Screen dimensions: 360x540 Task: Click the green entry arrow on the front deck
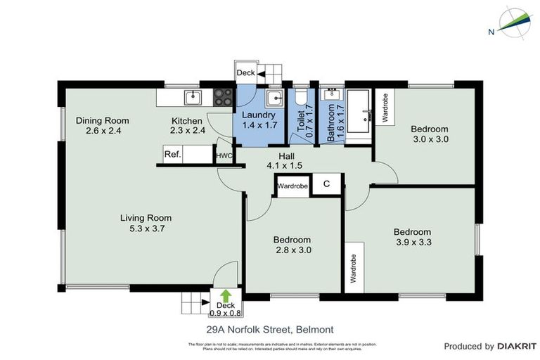coord(225,295)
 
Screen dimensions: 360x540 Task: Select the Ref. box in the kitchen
coord(172,155)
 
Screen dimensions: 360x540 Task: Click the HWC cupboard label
coord(224,156)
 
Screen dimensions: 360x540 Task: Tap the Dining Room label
coord(103,120)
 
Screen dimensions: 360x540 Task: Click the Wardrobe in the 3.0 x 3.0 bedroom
coord(386,106)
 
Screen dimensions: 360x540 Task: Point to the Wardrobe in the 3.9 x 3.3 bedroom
coord(354,268)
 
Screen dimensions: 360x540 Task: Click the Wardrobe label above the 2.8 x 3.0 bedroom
coord(292,186)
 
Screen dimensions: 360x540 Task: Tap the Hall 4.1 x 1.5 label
coord(285,161)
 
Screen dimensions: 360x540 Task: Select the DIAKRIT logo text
coord(516,346)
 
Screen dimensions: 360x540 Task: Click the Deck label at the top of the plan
coord(245,72)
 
